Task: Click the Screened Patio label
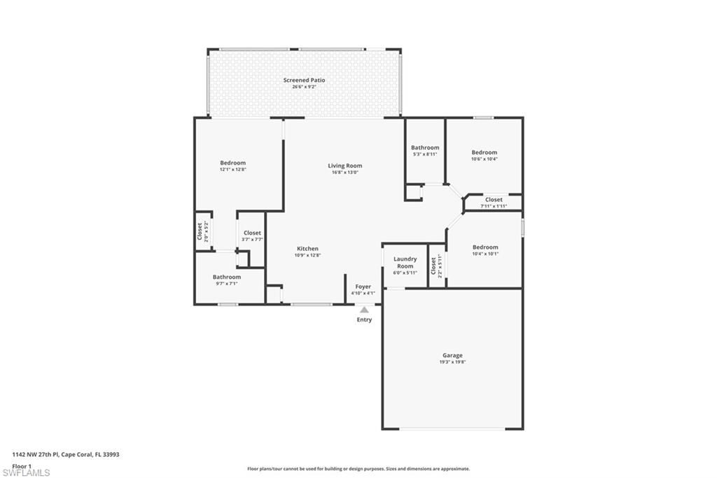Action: [x=304, y=81]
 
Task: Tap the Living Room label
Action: [x=344, y=166]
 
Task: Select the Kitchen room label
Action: [x=307, y=249]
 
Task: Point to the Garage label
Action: [x=452, y=356]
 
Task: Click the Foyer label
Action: [x=363, y=287]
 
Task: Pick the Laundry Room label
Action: [x=405, y=263]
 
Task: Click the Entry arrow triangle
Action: [x=363, y=309]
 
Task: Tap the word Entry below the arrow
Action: [x=364, y=320]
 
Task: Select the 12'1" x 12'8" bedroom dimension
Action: [x=233, y=170]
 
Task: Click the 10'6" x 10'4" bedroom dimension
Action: [x=484, y=159]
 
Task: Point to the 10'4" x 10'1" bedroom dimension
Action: [x=485, y=254]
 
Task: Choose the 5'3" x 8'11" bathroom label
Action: [x=425, y=154]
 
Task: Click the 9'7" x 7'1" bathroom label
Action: [x=227, y=284]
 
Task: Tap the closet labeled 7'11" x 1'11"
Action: [x=494, y=206]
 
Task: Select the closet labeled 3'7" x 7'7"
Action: [x=252, y=240]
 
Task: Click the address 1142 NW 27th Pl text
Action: [x=66, y=454]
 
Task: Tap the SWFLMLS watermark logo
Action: [x=27, y=472]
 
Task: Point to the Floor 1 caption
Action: [x=22, y=465]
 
